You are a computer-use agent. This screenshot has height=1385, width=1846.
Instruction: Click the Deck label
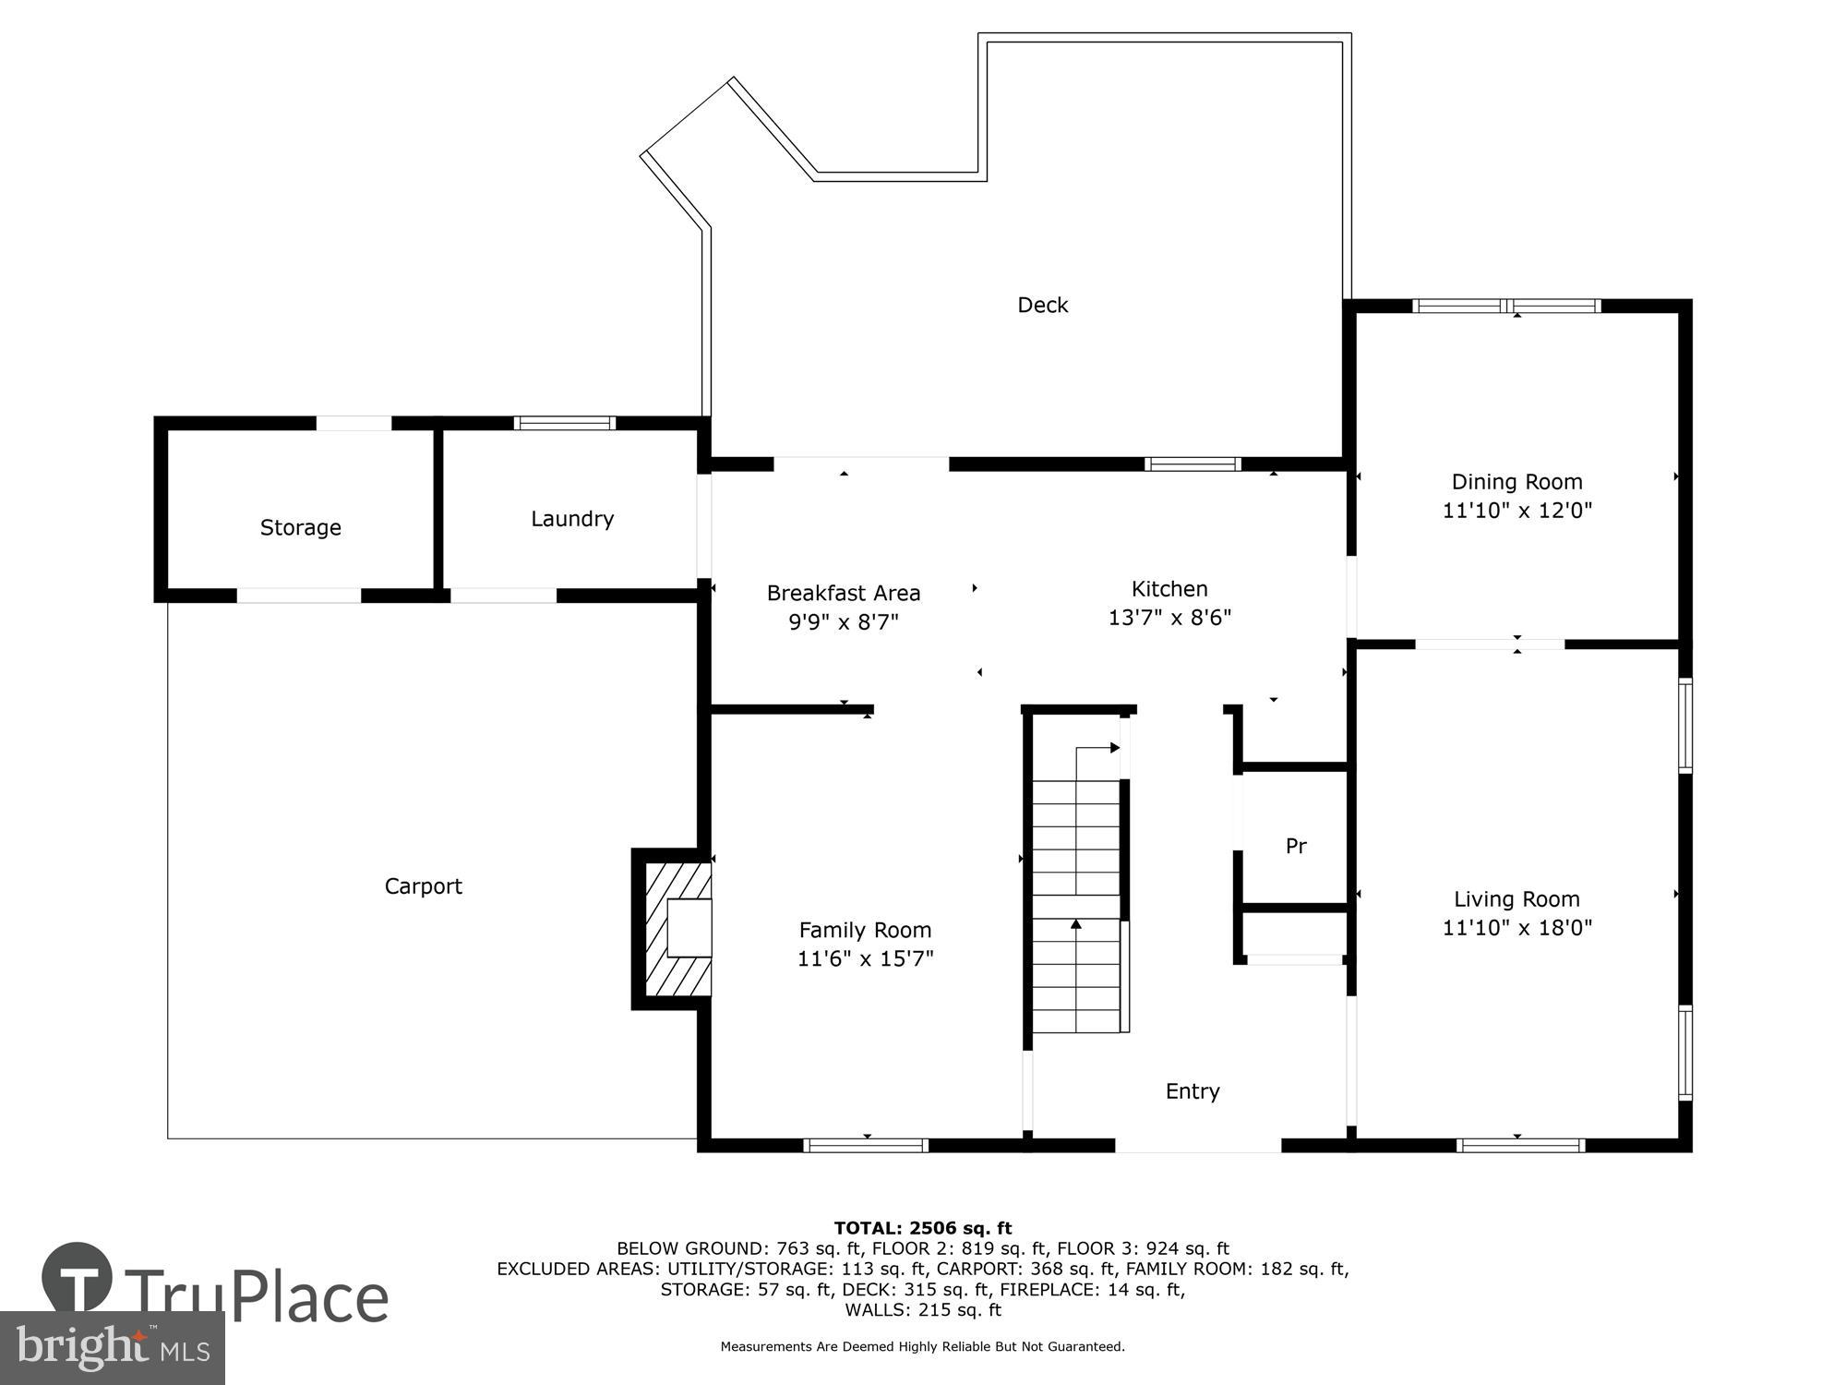(x=1042, y=305)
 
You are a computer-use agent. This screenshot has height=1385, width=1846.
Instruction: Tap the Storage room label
(x=300, y=527)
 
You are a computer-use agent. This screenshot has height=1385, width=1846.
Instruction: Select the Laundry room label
(x=571, y=519)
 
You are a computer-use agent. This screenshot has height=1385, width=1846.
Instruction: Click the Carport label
(x=423, y=886)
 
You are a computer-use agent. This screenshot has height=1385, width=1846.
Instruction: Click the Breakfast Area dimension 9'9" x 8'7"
(x=843, y=622)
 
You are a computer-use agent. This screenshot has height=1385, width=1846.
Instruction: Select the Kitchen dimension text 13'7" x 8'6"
(x=1169, y=618)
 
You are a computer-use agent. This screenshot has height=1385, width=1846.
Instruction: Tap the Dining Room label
(x=1516, y=482)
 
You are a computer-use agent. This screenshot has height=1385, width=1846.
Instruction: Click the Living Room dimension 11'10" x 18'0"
(x=1516, y=928)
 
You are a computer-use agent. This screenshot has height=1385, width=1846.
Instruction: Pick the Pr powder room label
(x=1296, y=846)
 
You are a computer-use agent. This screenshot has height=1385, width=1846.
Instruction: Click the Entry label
(x=1193, y=1091)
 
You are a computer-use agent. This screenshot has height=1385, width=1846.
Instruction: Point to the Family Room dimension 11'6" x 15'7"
(x=865, y=959)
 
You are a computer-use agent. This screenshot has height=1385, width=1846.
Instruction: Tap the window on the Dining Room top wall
(x=1506, y=306)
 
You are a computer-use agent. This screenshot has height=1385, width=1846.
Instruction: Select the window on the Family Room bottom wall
(x=866, y=1146)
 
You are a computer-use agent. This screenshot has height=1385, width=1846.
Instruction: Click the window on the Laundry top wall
(x=564, y=423)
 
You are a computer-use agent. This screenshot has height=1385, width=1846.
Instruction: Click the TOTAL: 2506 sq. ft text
(x=922, y=1228)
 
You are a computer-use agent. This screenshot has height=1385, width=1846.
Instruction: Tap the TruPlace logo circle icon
(x=78, y=1278)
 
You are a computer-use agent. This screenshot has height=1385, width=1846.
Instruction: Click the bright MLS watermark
(x=113, y=1348)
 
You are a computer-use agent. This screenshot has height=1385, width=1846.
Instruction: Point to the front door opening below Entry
(x=1198, y=1146)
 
